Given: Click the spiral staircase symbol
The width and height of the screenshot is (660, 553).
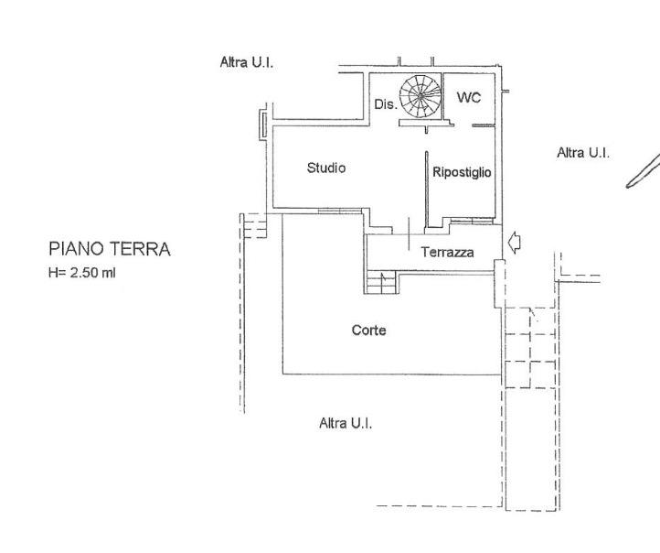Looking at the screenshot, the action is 420,97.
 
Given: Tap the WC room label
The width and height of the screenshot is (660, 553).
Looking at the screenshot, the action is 469,98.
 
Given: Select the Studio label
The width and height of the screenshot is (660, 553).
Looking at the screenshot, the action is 326,168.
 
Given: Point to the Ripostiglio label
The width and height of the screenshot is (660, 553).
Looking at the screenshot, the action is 462,172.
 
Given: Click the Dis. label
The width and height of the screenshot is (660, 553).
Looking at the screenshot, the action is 386,104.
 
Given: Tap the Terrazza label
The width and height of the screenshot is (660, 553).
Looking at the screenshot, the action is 447,252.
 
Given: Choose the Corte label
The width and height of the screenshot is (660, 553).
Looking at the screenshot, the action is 368,330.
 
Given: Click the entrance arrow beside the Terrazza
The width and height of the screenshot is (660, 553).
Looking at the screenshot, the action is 515,243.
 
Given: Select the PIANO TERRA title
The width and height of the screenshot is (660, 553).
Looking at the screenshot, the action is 110,249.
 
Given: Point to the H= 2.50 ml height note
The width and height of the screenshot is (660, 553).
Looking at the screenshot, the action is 82,273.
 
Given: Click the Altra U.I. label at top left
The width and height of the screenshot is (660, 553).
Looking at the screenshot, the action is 247,63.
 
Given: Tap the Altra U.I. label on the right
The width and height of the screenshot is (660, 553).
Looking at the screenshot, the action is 583,153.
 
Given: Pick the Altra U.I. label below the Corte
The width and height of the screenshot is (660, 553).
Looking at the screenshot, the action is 346,423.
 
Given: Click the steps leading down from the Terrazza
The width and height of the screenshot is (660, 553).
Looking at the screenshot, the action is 381,282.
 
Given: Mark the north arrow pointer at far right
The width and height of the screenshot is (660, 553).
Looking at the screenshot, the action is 644,170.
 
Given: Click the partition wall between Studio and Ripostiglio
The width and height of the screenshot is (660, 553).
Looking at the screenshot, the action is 426,190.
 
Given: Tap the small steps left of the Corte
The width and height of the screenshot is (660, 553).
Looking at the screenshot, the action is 254,225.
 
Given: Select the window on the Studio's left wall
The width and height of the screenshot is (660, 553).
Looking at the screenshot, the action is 262,125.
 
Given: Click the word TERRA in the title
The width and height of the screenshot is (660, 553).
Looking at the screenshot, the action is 140,249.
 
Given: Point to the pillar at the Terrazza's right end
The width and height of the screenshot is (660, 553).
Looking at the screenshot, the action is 499,284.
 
